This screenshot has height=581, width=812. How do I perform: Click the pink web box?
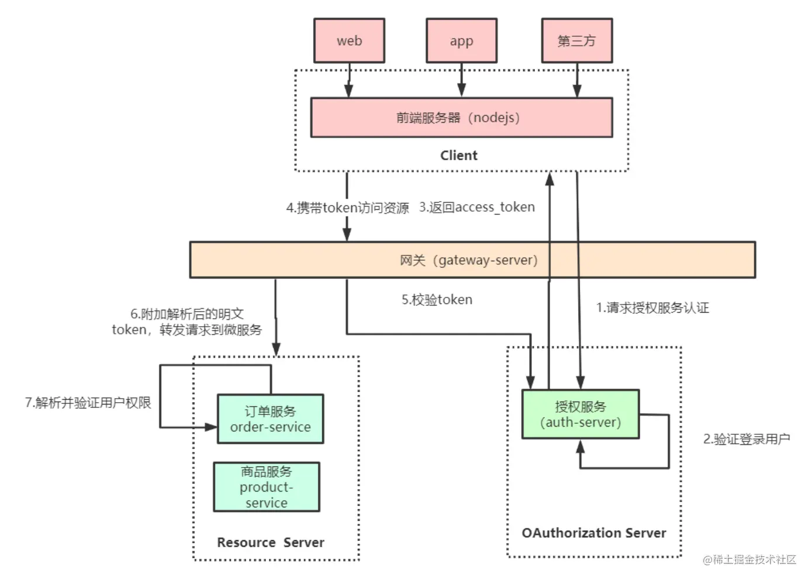(x=349, y=41)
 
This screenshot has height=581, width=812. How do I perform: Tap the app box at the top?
(x=461, y=41)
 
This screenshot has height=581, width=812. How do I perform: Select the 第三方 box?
(x=576, y=41)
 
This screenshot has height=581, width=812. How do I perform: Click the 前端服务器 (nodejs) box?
(x=461, y=117)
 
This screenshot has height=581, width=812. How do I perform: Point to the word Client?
(x=459, y=155)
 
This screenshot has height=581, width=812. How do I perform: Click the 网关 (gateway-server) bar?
(x=472, y=260)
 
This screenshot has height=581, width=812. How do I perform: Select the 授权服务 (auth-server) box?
(x=580, y=414)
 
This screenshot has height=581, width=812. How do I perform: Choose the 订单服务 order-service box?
(x=270, y=419)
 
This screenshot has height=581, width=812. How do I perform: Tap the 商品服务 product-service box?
(x=267, y=487)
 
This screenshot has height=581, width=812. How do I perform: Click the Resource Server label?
(x=271, y=542)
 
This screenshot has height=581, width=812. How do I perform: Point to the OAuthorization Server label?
(x=594, y=533)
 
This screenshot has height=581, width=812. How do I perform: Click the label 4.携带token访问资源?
(x=348, y=208)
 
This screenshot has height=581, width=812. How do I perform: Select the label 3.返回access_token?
(x=477, y=207)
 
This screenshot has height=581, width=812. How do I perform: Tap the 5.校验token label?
(x=437, y=300)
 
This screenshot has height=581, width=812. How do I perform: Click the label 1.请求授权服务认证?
(x=652, y=308)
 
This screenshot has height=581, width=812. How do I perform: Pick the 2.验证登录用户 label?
(x=746, y=439)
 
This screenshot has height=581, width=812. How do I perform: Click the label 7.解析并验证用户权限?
(x=88, y=403)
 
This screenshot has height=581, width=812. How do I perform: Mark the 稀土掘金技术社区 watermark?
(x=750, y=560)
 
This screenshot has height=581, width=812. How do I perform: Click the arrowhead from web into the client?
(x=348, y=91)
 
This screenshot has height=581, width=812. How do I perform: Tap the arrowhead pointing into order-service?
(x=211, y=427)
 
